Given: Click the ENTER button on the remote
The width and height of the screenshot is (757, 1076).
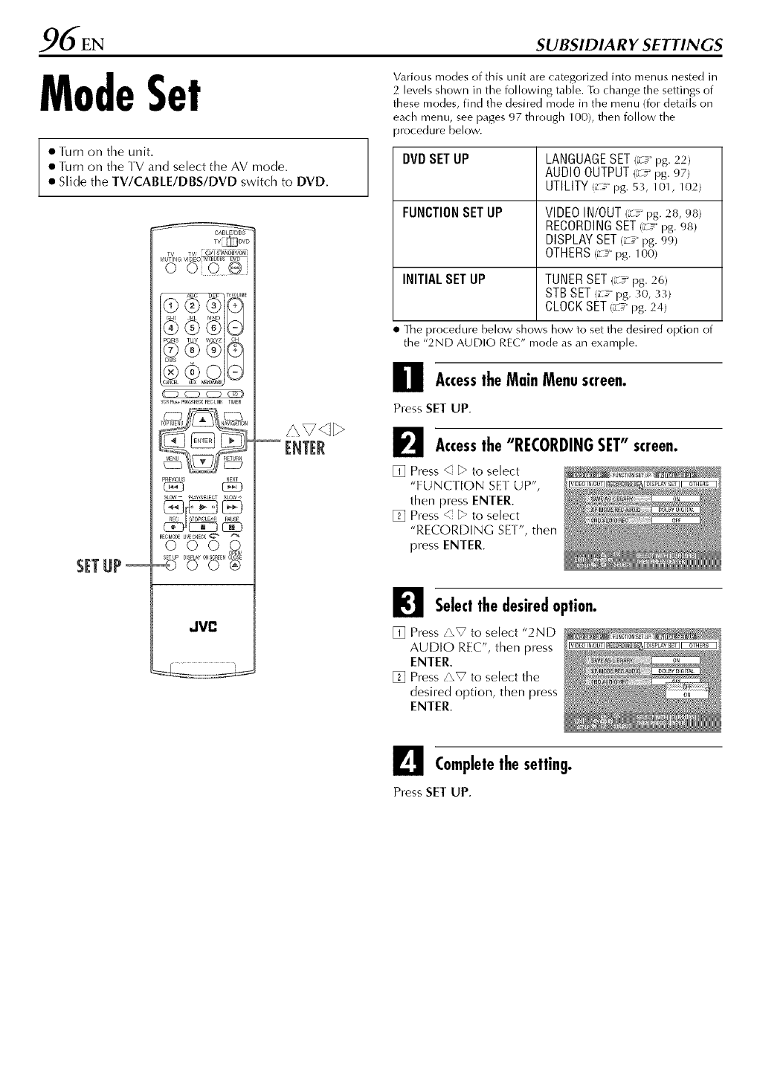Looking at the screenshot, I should click(203, 441).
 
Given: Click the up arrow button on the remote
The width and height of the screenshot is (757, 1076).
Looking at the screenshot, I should click(202, 420).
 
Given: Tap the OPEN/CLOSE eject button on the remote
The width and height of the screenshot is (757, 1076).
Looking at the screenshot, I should click(236, 561).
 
